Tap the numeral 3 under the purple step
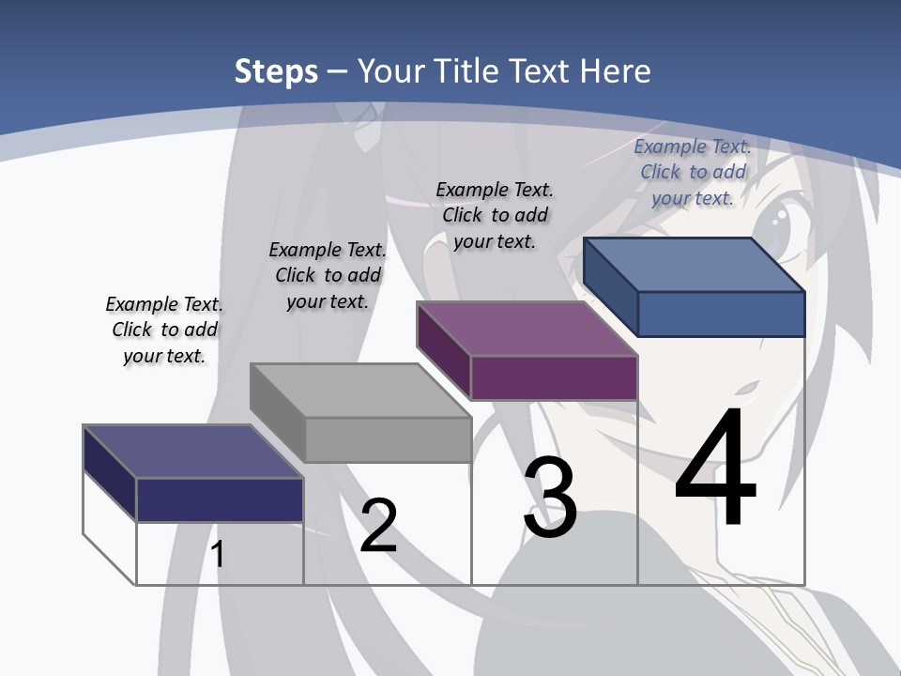coord(550,498)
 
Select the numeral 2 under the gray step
coord(378,526)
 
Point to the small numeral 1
coord(218,554)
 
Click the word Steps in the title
coord(276,71)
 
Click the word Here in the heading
coord(616,71)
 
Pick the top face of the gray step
coord(360,391)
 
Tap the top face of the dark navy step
coord(192,452)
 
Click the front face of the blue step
coord(721,314)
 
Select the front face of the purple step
coord(554,377)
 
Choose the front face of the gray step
coord(388,439)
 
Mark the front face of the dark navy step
coord(220,499)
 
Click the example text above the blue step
coord(693,172)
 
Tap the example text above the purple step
coord(495,215)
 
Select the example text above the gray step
coord(328,275)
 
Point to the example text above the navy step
coord(164,330)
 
